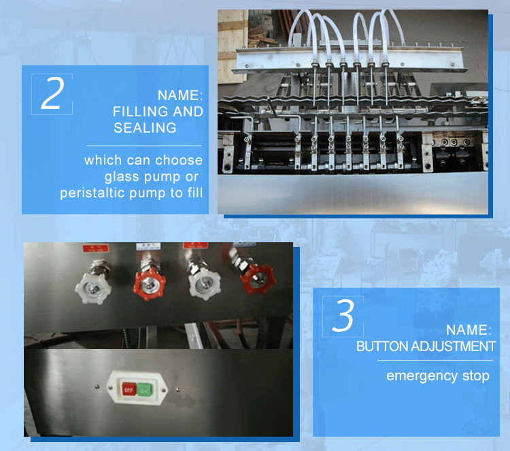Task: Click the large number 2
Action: click(52, 94)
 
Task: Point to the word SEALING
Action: click(145, 128)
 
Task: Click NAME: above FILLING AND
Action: click(180, 95)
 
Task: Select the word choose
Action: click(179, 161)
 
